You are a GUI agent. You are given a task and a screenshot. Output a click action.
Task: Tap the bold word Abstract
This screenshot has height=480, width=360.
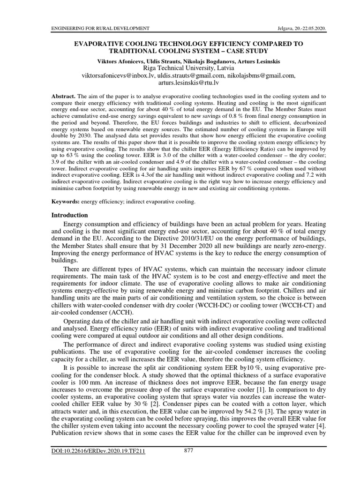(x=63, y=96)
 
